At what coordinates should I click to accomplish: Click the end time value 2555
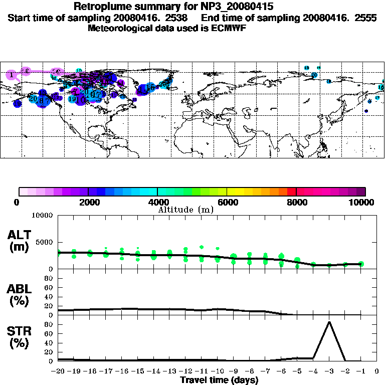pos(366,18)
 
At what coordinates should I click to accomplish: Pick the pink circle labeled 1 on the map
pos(11,75)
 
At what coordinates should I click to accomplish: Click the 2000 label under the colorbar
pos(88,202)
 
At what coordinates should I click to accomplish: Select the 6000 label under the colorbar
pos(227,202)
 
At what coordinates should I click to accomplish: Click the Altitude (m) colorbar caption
pos(186,210)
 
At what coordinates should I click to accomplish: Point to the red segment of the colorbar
pos(292,191)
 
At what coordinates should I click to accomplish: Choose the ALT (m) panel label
pos(20,241)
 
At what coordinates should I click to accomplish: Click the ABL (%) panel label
pos(20,294)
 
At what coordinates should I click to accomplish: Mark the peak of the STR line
pos(329,322)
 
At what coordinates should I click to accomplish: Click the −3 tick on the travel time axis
pos(329,371)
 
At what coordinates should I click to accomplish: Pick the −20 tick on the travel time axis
pos(59,371)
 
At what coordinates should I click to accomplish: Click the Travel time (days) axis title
pos(219,380)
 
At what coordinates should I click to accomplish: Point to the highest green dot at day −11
pos(202,247)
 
